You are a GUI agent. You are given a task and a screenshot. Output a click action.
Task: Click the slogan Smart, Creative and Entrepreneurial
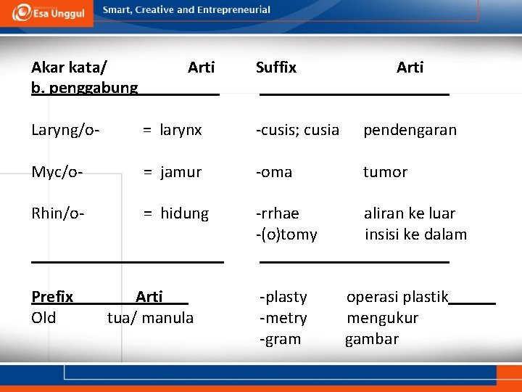click(186, 10)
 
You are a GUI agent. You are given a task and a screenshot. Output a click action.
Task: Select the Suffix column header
click(276, 68)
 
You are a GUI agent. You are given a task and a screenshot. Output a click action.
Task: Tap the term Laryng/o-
click(65, 130)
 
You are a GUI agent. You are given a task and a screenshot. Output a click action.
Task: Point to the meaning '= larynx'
click(172, 130)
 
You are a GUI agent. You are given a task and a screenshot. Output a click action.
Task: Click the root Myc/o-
click(57, 172)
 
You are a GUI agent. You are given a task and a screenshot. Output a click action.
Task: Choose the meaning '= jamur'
click(172, 172)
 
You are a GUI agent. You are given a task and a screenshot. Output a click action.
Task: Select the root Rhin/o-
click(58, 213)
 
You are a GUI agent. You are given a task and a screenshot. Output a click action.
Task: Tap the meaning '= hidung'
click(175, 213)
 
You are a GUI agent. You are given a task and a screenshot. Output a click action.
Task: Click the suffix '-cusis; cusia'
click(297, 130)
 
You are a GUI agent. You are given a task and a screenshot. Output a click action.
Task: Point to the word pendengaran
click(410, 130)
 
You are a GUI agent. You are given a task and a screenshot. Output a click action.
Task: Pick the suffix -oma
click(274, 172)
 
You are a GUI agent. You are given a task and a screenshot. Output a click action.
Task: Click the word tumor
click(385, 172)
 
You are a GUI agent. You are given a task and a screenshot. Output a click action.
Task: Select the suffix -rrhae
click(278, 213)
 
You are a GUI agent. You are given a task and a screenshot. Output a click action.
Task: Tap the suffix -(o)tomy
click(286, 234)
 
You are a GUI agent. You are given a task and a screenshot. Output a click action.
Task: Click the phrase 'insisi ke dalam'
click(415, 234)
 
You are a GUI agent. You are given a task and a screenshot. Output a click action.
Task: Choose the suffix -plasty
click(283, 297)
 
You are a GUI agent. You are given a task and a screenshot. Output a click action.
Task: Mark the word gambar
click(372, 339)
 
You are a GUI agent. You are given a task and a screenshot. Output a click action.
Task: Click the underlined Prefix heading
click(52, 297)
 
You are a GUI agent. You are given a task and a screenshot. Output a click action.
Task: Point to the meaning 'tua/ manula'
click(150, 318)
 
